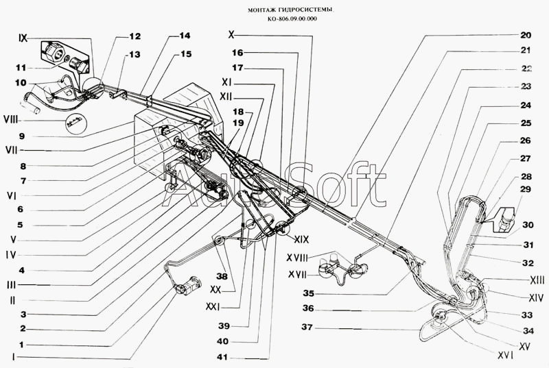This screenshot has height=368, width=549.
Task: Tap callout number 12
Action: [x=134, y=36]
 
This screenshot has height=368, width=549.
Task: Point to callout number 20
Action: [x=526, y=35]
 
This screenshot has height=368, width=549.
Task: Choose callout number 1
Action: [x=23, y=344]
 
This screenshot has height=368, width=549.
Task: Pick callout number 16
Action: [x=237, y=52]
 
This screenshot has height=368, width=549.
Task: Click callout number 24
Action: [x=526, y=106]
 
